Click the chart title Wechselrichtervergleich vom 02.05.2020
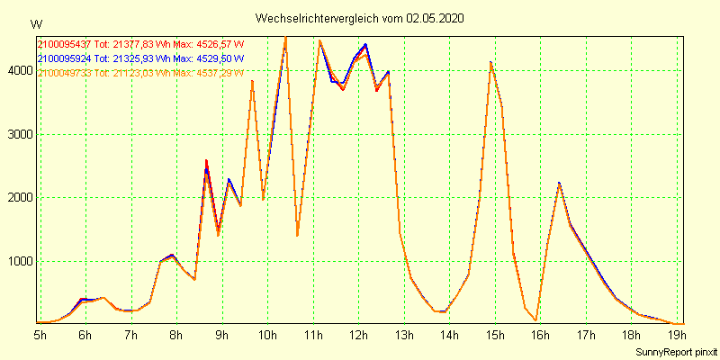(360, 18)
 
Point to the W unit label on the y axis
(35, 23)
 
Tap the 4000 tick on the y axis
(18, 70)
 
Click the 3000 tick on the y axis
(18, 134)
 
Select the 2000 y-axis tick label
(18, 198)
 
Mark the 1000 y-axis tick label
(18, 262)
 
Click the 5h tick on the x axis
(40, 336)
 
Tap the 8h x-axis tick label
(176, 336)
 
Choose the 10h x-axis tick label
(267, 336)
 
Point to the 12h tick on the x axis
(359, 336)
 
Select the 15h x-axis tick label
(495, 336)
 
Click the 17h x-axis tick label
(586, 336)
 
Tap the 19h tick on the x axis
(677, 336)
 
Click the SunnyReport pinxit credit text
(675, 350)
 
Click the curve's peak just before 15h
(490, 62)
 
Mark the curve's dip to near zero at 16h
(535, 319)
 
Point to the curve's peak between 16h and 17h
(559, 184)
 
